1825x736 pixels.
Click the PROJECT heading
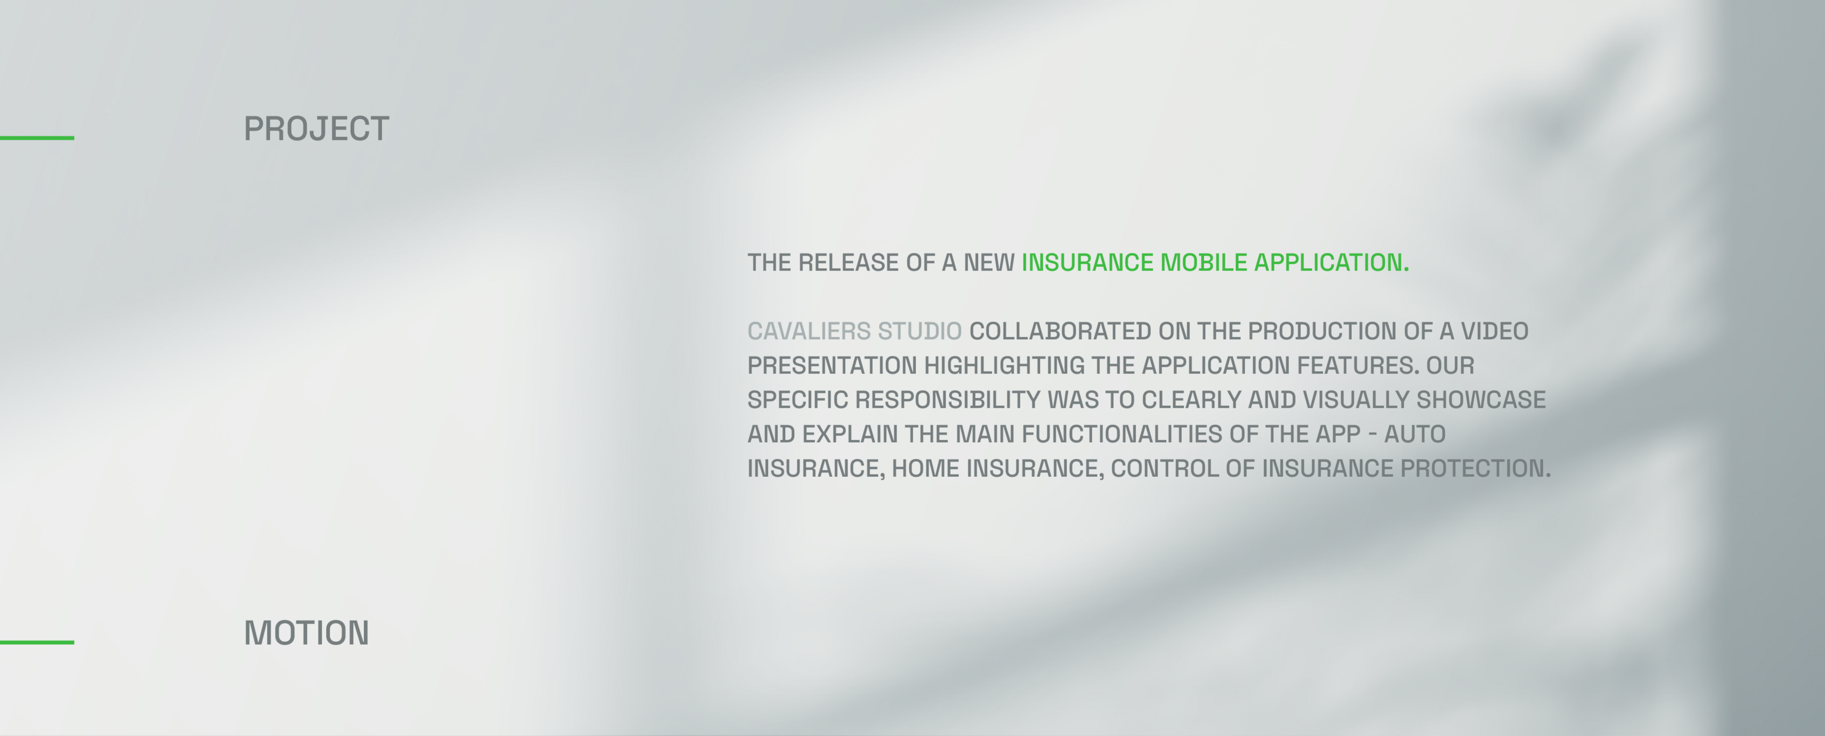[317, 129]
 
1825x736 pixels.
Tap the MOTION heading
[307, 633]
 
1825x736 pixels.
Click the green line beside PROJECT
[37, 138]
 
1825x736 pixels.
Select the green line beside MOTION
[37, 642]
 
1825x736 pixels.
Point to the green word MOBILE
[1204, 262]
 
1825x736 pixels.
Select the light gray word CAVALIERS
[809, 331]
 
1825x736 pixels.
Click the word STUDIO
[919, 331]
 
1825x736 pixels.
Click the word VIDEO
[1495, 331]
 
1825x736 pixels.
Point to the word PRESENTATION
[833, 365]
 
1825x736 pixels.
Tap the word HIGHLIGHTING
[1004, 365]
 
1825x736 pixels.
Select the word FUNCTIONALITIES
[1122, 434]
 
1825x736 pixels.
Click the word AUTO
[1415, 434]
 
